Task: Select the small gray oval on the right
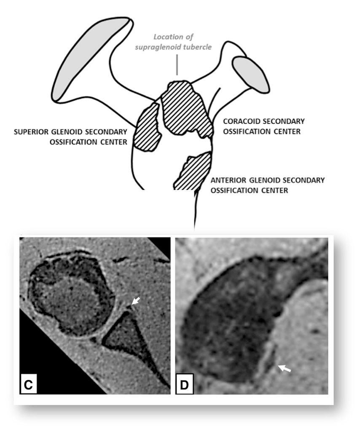[x=251, y=74]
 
